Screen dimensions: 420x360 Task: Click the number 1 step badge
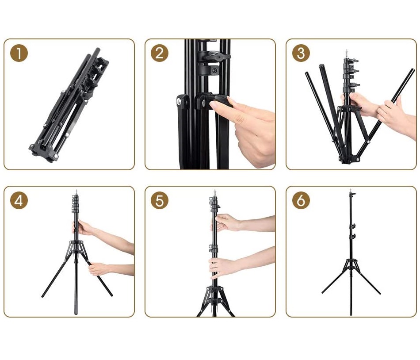pos(19,53)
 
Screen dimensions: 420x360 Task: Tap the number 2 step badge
pos(159,53)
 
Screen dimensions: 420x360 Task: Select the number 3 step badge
pos(301,53)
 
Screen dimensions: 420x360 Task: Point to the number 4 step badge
pos(19,200)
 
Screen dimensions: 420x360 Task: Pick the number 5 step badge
pos(159,200)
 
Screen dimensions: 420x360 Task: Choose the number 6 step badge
pos(301,200)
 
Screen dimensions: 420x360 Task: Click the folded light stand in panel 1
pos(69,105)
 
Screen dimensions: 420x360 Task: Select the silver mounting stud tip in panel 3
pos(347,52)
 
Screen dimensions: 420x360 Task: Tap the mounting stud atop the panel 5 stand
pos(214,192)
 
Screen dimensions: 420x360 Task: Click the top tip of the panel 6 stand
pos(351,190)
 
